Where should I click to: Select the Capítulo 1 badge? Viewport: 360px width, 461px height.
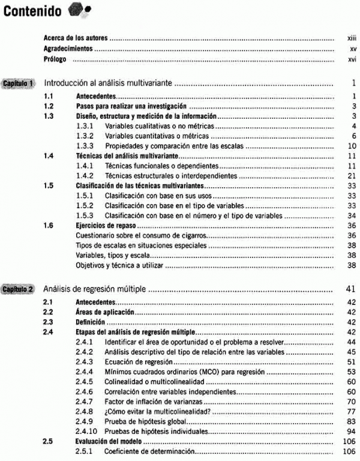pos(20,82)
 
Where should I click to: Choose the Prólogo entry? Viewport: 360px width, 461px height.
pos(55,60)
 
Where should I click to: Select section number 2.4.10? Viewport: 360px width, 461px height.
pos(88,431)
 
